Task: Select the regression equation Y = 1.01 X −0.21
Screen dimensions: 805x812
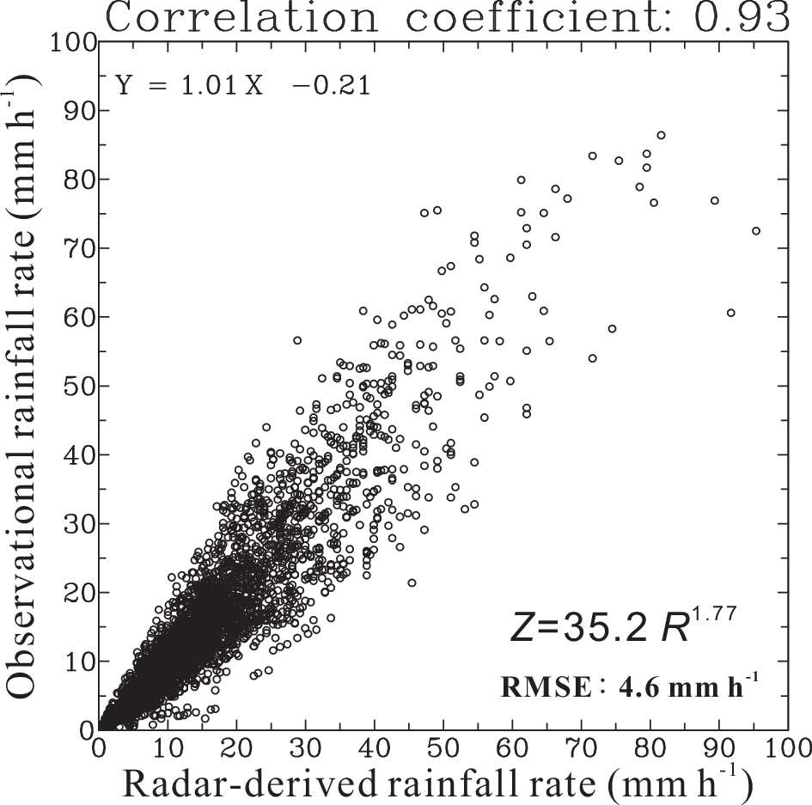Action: (x=243, y=86)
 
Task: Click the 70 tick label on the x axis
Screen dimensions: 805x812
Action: (x=581, y=744)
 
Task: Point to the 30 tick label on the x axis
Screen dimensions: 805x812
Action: (x=306, y=744)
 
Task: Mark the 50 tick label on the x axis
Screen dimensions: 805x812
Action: (x=443, y=744)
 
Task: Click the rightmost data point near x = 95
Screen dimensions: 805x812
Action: (x=756, y=231)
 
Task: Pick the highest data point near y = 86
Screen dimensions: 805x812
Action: (x=661, y=135)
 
